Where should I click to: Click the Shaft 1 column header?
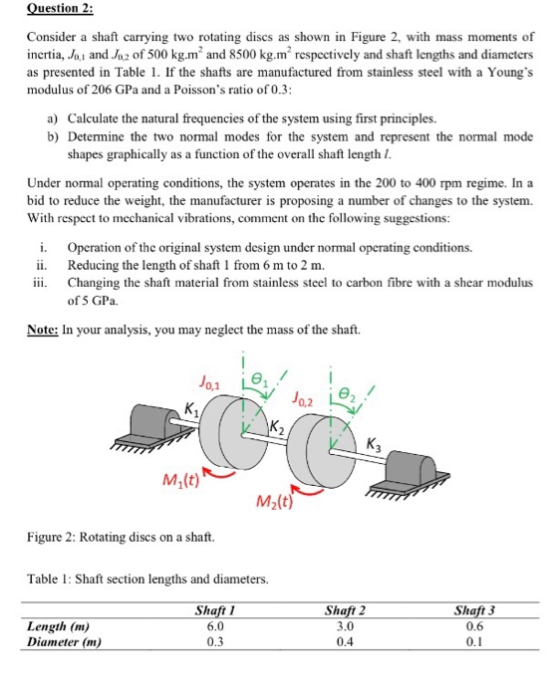[x=216, y=610]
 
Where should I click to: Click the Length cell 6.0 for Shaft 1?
[x=215, y=626]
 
